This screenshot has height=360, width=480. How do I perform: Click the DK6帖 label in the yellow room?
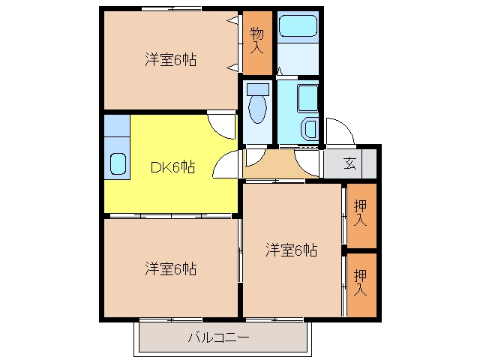coord(172,167)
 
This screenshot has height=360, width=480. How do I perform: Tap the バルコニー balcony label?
coord(218,337)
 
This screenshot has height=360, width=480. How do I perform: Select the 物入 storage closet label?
coord(256,40)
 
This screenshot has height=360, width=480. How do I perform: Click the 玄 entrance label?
coord(349,163)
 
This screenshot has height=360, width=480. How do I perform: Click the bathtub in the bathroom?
coord(298,26)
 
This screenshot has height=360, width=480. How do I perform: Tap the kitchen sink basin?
coord(118,163)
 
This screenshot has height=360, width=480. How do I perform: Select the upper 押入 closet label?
coord(360,213)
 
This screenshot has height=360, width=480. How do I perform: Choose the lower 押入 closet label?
coord(360,282)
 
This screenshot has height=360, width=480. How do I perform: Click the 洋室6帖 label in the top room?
coord(171,60)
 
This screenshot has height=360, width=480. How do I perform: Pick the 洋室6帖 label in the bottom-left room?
coord(171,268)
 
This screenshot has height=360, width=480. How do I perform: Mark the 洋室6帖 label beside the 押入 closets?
coord(292,250)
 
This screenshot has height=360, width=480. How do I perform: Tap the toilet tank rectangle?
coord(258,89)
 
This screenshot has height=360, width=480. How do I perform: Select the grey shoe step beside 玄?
coord(369,163)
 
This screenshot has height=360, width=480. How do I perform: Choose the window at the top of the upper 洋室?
coord(172,8)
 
